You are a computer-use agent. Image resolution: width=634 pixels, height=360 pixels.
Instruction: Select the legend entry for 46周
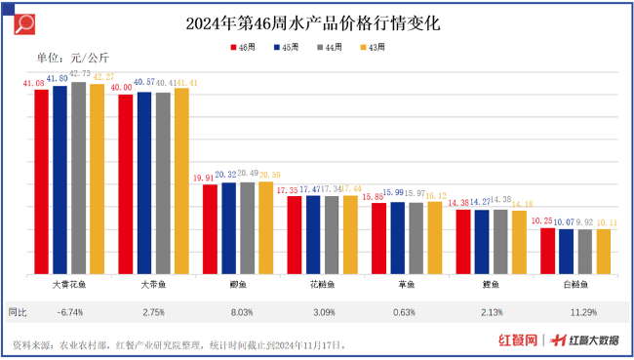point(243,46)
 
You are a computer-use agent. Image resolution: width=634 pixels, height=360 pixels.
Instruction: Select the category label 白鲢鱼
point(575,285)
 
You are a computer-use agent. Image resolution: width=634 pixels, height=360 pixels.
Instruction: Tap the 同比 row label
point(19,312)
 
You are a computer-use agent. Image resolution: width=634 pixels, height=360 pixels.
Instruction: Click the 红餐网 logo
point(518,340)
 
